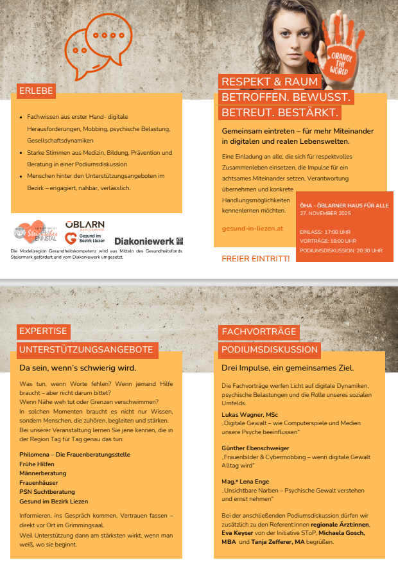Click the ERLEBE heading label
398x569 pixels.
click(x=36, y=91)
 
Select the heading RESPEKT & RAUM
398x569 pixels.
click(x=270, y=82)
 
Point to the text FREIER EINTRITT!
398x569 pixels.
click(x=255, y=258)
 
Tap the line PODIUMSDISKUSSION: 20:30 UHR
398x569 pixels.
click(x=341, y=250)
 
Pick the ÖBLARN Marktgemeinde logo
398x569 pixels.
click(x=85, y=225)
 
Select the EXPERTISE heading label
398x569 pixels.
click(x=43, y=331)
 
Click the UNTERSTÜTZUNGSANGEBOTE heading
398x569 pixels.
click(x=86, y=350)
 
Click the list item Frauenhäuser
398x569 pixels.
click(x=42, y=482)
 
